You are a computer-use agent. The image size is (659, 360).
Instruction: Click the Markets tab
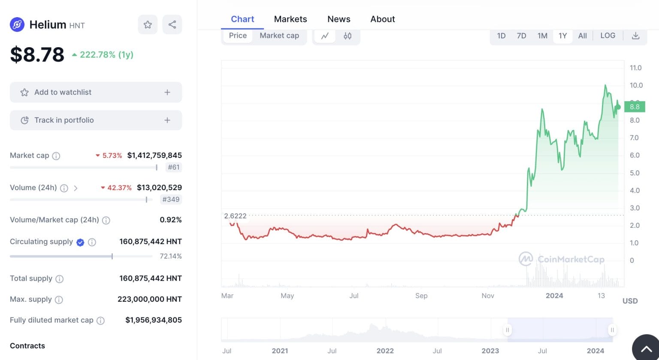click(290, 19)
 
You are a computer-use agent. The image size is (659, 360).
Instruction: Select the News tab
click(339, 19)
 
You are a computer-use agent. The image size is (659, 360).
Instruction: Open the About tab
click(383, 19)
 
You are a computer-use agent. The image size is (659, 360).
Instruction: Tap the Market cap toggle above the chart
click(279, 36)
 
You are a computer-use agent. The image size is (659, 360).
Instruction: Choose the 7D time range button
click(521, 36)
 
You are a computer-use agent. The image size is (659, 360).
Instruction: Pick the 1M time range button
click(542, 36)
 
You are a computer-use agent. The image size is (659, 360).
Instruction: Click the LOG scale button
click(608, 36)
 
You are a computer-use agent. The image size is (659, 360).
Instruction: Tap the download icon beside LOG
click(635, 36)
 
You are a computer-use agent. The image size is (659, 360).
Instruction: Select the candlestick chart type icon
click(348, 36)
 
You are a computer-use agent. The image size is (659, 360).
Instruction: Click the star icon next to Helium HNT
click(148, 24)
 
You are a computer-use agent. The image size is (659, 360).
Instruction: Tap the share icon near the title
click(172, 24)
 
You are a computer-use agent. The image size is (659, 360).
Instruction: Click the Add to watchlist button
click(96, 92)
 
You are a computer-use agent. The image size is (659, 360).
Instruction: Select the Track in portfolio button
click(96, 120)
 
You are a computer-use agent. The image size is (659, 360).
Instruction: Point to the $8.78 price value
click(37, 54)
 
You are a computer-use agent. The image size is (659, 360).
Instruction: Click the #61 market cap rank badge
click(173, 167)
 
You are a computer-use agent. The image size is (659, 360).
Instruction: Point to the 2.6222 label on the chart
click(235, 216)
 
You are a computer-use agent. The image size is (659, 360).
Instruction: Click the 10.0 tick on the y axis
click(636, 85)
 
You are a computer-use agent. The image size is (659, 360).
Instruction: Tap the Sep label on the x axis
click(421, 296)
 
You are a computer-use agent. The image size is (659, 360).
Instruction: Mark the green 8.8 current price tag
click(635, 107)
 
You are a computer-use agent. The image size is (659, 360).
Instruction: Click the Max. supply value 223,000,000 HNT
click(149, 299)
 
